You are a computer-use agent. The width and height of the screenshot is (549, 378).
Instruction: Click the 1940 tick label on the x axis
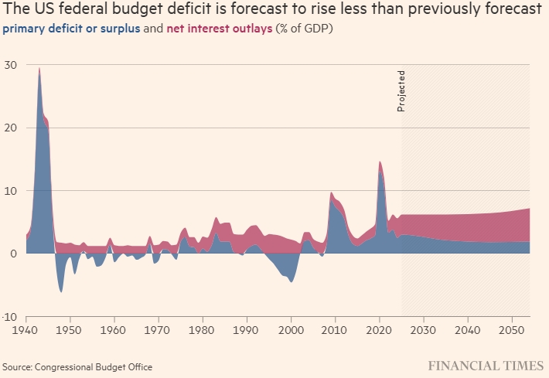(x=26, y=329)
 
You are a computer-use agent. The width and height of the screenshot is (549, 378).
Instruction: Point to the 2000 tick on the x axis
(x=291, y=329)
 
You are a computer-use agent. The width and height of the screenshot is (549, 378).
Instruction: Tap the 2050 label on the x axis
(x=511, y=329)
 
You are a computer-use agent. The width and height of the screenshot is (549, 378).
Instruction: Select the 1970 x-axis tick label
(x=159, y=329)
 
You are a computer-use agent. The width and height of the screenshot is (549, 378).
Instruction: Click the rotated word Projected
(x=401, y=91)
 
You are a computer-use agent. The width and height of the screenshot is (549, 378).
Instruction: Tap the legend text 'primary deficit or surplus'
(x=70, y=29)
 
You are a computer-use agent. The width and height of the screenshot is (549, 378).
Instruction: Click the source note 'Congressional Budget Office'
(x=93, y=366)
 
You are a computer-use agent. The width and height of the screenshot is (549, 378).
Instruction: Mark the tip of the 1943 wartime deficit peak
(x=39, y=68)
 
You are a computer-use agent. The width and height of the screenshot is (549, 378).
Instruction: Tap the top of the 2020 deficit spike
(x=380, y=162)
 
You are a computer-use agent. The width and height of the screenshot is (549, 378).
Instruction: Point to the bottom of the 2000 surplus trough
(x=291, y=282)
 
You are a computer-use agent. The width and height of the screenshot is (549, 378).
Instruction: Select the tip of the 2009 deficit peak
(x=331, y=192)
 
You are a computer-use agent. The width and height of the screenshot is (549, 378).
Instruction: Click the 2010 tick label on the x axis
(x=335, y=329)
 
